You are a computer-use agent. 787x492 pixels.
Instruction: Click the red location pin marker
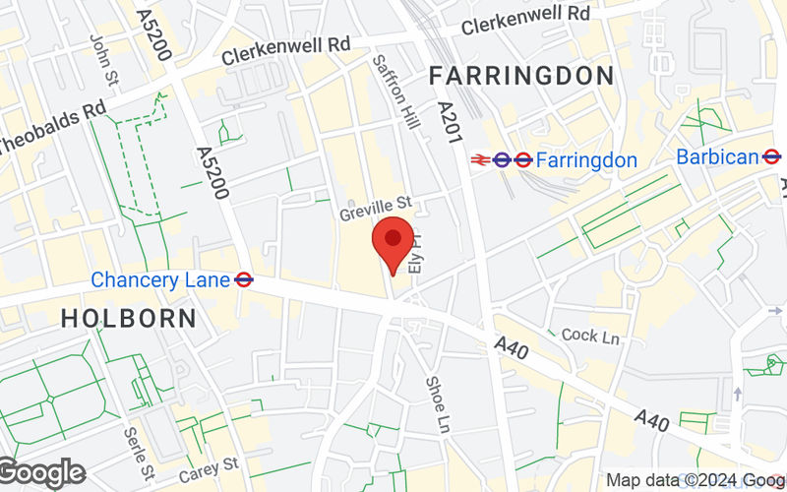point(393,242)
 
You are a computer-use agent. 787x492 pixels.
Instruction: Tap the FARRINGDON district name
point(521,76)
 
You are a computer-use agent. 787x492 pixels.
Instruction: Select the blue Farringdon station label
point(587,158)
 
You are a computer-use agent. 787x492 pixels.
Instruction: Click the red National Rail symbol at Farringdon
point(482,158)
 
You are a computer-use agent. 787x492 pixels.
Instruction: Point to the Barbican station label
point(717,156)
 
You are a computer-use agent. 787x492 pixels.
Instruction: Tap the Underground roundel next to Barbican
point(772,156)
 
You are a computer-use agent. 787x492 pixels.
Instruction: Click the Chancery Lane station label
point(160,280)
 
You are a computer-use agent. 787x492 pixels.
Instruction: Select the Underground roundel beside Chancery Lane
point(245,280)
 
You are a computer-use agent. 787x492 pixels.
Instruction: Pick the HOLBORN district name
point(128,318)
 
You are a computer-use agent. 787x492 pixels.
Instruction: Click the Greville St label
point(375,209)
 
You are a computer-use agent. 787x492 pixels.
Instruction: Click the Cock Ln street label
point(590,337)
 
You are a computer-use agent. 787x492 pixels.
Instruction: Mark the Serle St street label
point(135,448)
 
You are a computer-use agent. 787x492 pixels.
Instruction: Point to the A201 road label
point(451,124)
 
